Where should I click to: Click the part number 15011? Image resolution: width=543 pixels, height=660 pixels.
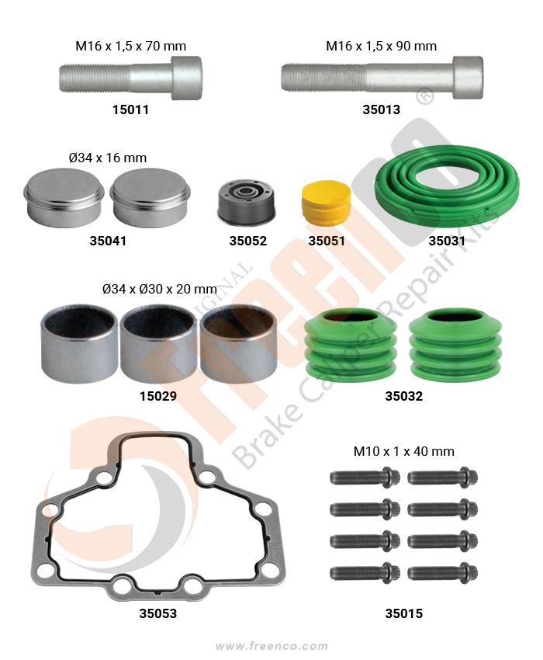tap(130, 109)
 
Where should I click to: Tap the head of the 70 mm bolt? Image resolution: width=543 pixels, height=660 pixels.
tap(186, 78)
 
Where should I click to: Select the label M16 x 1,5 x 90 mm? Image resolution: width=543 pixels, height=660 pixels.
tap(381, 46)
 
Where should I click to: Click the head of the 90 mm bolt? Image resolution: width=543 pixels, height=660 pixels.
tap(468, 78)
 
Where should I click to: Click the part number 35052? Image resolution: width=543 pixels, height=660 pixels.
tap(247, 241)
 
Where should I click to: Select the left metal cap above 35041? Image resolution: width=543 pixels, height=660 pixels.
tap(64, 198)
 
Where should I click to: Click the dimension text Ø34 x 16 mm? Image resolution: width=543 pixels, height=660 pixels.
tap(108, 158)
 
